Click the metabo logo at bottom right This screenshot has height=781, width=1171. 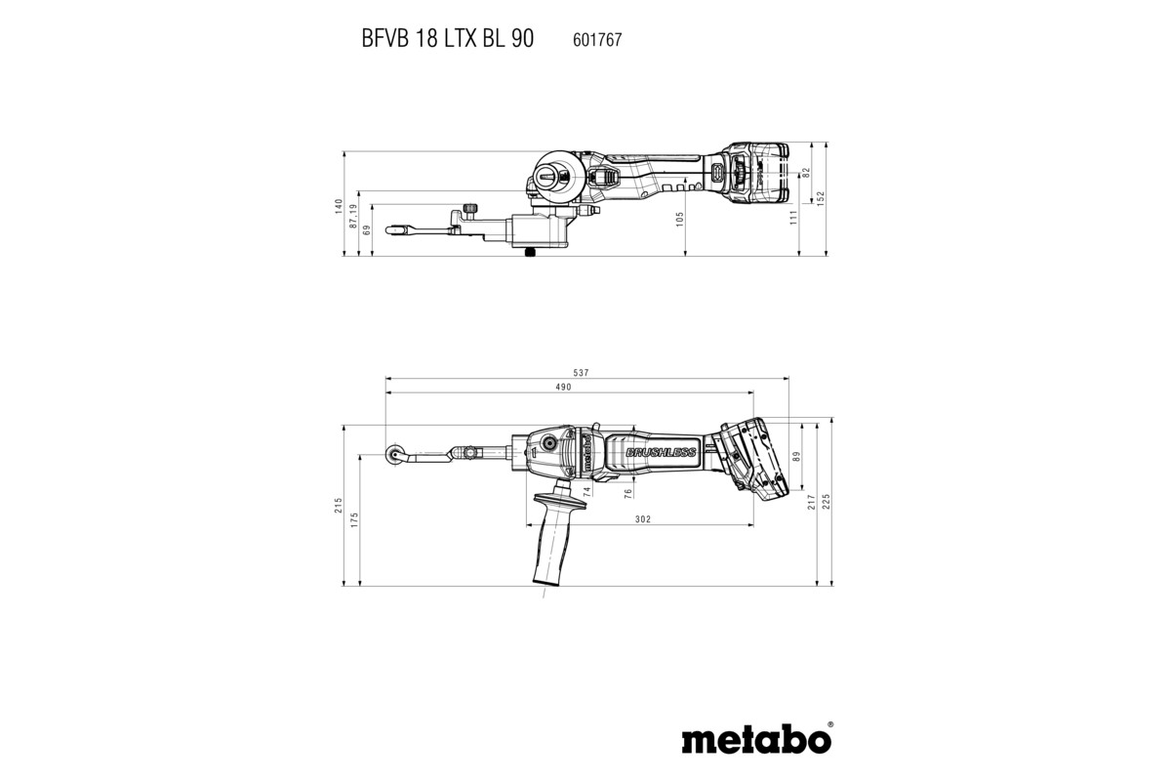[757, 739]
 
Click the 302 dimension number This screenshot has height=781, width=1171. [642, 519]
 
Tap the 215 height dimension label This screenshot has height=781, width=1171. [339, 506]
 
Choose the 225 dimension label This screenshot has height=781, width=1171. [828, 503]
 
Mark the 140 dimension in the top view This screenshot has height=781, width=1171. [339, 206]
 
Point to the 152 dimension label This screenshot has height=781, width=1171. [821, 197]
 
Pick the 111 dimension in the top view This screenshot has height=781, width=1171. [792, 216]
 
